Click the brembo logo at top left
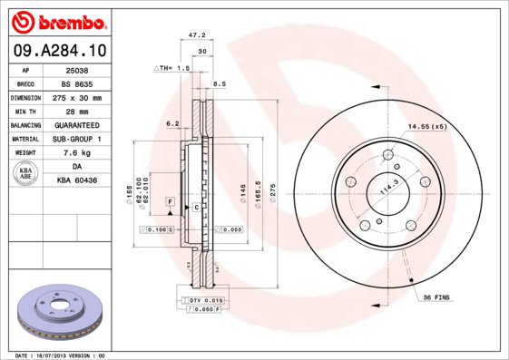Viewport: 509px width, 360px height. pyautogui.click(x=62, y=19)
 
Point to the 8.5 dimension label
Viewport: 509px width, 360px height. pyautogui.click(x=219, y=83)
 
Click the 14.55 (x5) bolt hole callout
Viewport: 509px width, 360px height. pyautogui.click(x=426, y=126)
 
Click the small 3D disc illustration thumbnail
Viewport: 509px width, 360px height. pyautogui.click(x=63, y=310)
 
